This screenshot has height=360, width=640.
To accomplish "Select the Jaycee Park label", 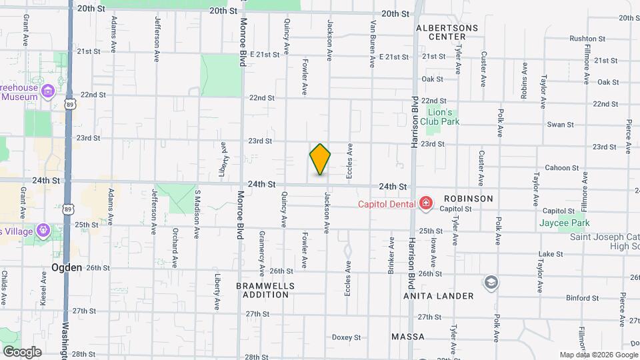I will coord(565,223).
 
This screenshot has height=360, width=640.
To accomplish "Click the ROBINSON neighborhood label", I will coord(468,199).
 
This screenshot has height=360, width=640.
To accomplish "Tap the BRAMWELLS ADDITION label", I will coord(265,289).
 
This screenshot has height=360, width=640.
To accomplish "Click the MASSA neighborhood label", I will coord(408,337).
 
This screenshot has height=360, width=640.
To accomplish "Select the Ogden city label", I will coord(67,267).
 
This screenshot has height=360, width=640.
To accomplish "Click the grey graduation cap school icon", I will coord(491,282).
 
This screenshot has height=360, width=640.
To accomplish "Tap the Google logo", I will coord(22,351).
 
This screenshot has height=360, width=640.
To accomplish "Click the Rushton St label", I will coord(587,39).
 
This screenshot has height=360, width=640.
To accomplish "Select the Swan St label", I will coord(560,125).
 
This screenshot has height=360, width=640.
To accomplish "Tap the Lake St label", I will coord(551,254).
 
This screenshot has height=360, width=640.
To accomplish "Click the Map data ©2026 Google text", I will coord(597,355).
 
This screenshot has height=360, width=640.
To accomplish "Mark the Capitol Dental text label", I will coord(387,203).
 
